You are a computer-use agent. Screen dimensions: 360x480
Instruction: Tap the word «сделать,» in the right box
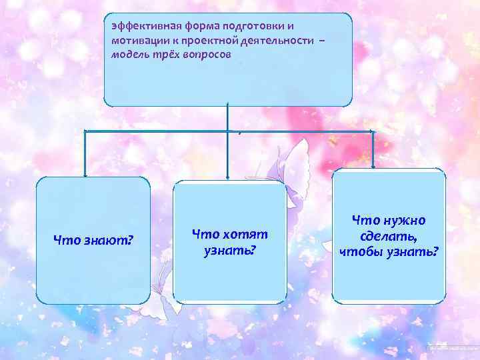tap(389, 236)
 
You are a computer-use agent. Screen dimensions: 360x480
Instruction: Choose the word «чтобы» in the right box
tap(361, 252)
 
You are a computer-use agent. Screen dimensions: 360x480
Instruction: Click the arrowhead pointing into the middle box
tap(229, 177)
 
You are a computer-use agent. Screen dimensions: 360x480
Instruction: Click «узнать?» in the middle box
tap(229, 251)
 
